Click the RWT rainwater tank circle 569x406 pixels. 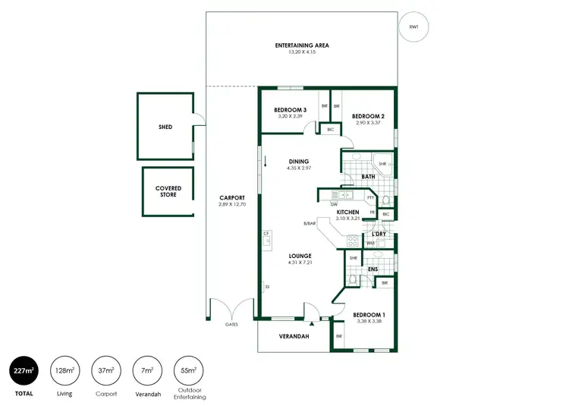coord(413,27)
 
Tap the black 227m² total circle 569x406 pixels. coord(24,370)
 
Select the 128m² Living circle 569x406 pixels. coord(64,370)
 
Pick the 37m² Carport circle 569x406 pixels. coord(105,370)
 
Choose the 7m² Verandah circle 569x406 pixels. coord(146,370)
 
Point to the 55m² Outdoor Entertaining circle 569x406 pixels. coord(188,370)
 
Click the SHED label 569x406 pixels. coord(165,127)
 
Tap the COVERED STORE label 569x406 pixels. coord(168,191)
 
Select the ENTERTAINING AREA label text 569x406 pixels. coord(301,46)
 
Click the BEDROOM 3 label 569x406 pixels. coord(289,110)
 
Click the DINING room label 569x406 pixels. coord(298,161)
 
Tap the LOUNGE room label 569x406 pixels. coord(299,256)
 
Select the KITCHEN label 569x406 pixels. coord(347,212)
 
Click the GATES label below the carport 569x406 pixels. coord(231,324)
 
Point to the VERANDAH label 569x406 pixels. coord(294,336)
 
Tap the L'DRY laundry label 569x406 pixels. coord(379,234)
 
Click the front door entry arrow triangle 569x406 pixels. coord(312,322)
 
